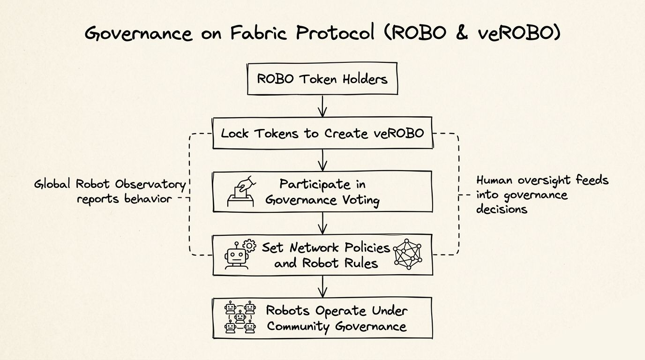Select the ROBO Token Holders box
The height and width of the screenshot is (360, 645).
(x=322, y=79)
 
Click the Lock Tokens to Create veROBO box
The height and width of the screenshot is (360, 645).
(x=322, y=134)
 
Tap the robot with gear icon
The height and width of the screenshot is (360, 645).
(x=239, y=255)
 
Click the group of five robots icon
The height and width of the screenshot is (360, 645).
(x=240, y=317)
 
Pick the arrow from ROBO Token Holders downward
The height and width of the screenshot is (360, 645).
(x=322, y=106)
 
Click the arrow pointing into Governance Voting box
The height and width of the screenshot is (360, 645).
(x=322, y=160)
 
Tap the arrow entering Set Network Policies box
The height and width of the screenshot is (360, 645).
(x=322, y=224)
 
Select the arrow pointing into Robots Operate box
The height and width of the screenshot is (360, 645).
(x=322, y=286)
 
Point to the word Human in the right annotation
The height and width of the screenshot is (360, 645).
(x=495, y=180)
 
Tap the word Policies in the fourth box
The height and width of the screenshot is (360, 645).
(x=366, y=247)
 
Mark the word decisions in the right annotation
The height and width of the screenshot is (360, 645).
(x=502, y=209)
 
